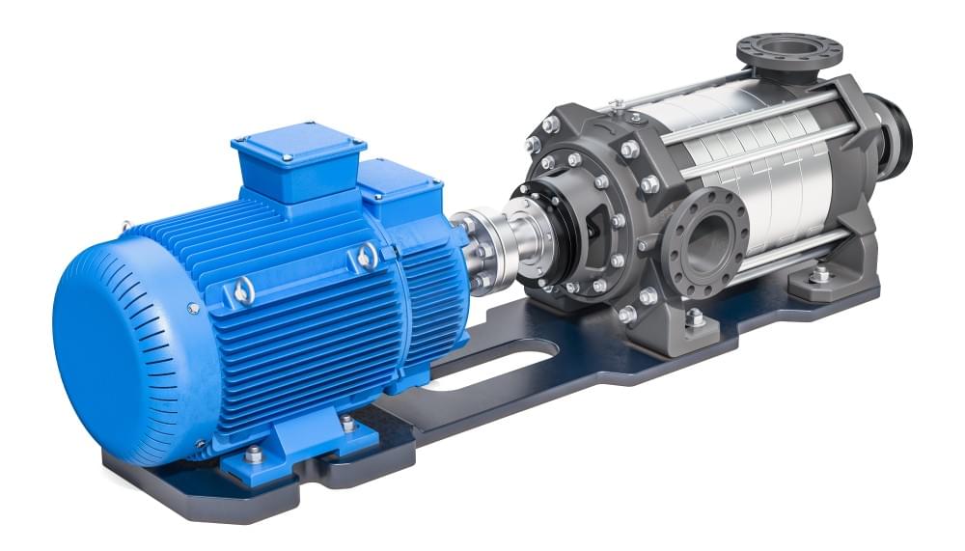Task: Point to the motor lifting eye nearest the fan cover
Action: [x=244, y=289]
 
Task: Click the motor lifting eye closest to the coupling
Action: [x=368, y=256]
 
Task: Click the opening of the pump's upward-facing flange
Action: [x=789, y=46]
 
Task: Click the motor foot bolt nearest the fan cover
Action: [x=253, y=454]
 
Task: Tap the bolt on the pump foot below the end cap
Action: [x=820, y=274]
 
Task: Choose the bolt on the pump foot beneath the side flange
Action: [x=695, y=318]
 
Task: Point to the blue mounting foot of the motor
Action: [x=289, y=454]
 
